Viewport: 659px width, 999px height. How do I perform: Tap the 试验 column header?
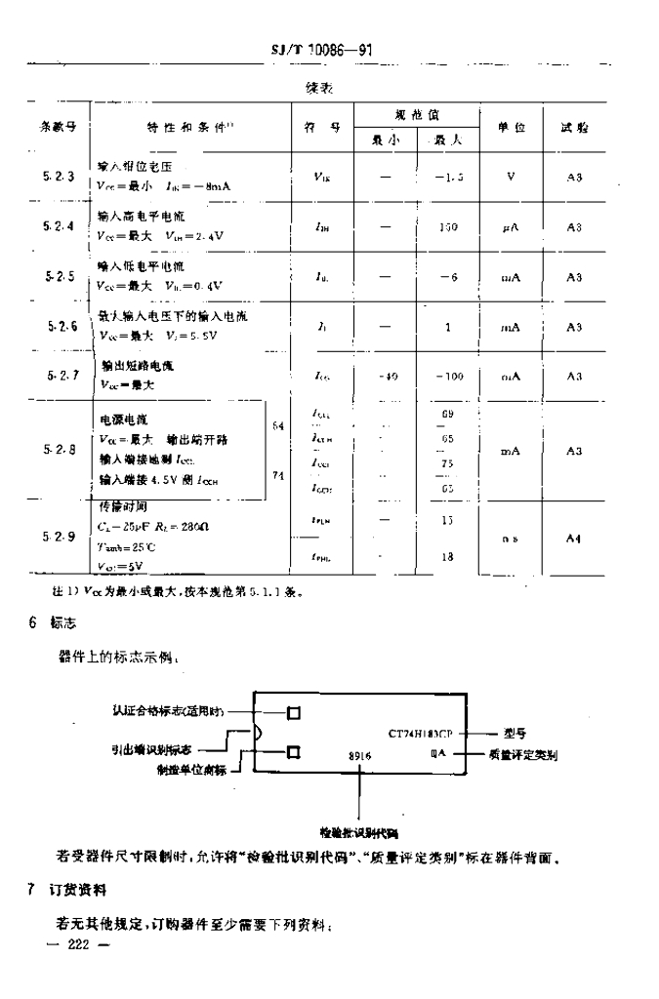[574, 127]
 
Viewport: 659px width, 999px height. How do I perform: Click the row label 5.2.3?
[57, 177]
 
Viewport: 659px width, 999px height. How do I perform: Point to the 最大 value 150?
[448, 226]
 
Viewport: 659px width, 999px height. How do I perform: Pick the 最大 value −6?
[448, 277]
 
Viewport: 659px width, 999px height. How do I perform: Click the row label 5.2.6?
[57, 327]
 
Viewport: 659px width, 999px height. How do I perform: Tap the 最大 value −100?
[448, 377]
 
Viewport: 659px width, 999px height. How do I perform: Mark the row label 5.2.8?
[57, 450]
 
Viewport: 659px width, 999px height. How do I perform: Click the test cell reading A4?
[574, 538]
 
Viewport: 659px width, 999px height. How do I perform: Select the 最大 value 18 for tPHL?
[448, 556]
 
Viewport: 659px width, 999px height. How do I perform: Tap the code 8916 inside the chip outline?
[360, 755]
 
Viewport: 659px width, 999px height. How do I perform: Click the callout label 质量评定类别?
[539, 753]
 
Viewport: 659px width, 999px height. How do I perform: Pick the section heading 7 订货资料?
[74, 891]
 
